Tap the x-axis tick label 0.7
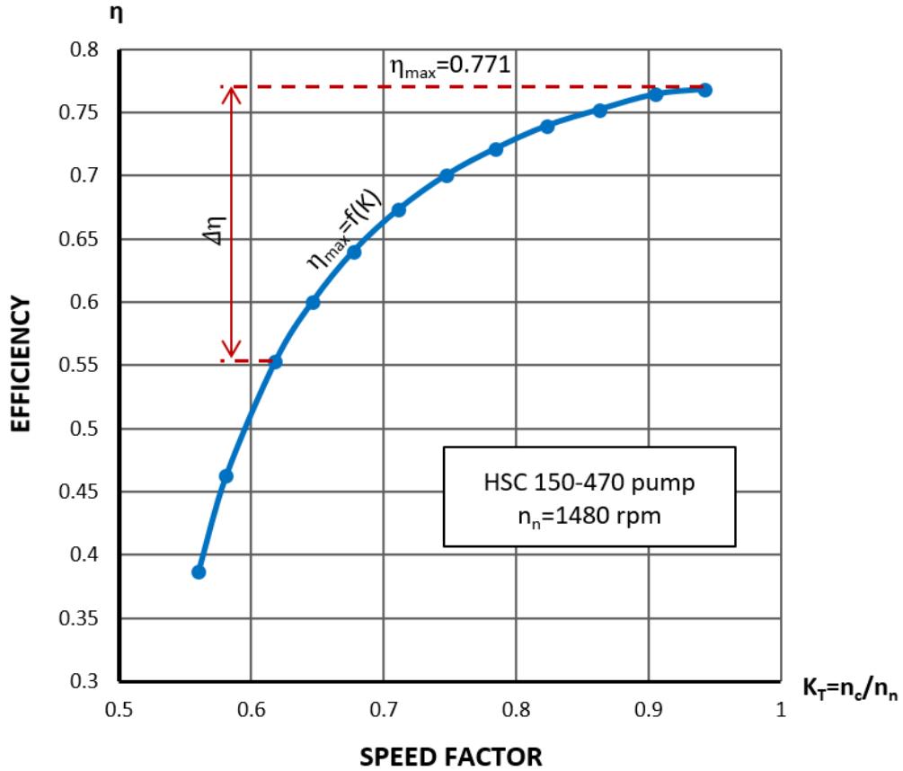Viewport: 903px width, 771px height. click(x=384, y=707)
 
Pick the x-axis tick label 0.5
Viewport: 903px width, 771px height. click(x=120, y=707)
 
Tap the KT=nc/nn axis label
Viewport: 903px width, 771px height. click(x=848, y=691)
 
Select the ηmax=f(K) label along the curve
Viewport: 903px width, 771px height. click(x=345, y=235)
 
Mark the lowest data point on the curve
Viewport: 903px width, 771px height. click(x=199, y=572)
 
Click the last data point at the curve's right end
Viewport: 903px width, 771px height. click(x=705, y=90)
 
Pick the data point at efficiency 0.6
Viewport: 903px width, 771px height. click(x=313, y=303)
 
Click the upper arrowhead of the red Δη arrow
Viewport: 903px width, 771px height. click(x=232, y=93)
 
